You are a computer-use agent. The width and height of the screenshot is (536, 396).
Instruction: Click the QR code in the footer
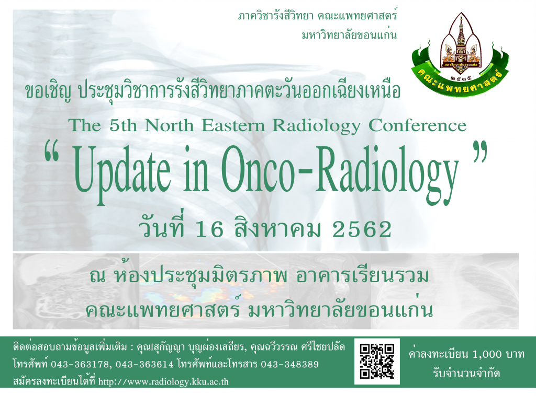(x=377, y=361)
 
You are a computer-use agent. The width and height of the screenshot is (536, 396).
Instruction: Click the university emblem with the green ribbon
(x=461, y=54)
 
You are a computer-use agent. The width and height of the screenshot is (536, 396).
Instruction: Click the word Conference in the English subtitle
(x=417, y=125)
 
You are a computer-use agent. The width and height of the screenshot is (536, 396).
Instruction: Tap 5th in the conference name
(x=123, y=125)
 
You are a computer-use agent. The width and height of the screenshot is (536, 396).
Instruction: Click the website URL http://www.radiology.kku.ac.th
(x=163, y=381)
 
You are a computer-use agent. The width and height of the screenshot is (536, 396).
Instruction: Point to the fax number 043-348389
(x=289, y=365)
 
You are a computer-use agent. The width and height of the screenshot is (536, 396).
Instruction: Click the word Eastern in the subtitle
(x=233, y=125)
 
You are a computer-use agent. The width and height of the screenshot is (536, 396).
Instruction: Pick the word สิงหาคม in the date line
(x=278, y=228)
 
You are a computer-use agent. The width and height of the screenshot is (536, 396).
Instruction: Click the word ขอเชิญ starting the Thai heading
(x=48, y=91)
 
